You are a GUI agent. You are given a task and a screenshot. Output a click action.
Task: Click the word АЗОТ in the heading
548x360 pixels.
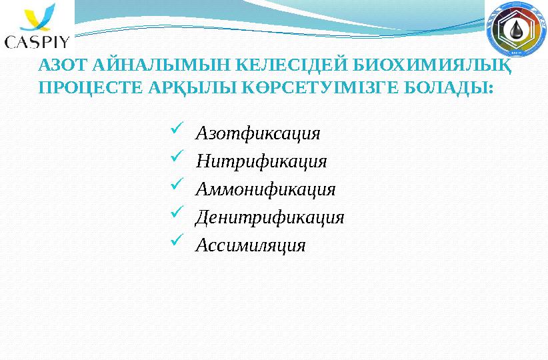point(62,65)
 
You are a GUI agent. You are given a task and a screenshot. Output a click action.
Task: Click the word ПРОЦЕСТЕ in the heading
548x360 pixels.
point(91,87)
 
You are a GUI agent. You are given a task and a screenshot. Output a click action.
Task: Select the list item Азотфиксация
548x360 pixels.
point(258,133)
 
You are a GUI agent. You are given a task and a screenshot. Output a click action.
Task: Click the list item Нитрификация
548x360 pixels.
point(261,161)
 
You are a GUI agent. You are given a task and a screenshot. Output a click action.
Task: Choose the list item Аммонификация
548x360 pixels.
point(265,189)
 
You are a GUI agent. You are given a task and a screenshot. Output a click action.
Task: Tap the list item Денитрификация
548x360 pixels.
point(269,217)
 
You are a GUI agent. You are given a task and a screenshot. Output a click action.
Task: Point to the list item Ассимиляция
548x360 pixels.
point(251,245)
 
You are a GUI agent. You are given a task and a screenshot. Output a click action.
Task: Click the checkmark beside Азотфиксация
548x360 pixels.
point(177,128)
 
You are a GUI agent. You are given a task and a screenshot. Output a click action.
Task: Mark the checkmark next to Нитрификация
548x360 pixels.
point(177,156)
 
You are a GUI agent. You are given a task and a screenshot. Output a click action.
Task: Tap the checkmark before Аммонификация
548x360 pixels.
point(177,184)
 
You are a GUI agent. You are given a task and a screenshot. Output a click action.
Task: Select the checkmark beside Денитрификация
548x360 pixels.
point(177,212)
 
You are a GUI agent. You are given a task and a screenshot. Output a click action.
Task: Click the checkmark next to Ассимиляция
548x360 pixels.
point(177,240)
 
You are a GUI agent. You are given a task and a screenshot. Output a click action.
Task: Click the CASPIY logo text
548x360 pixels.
point(37,42)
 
